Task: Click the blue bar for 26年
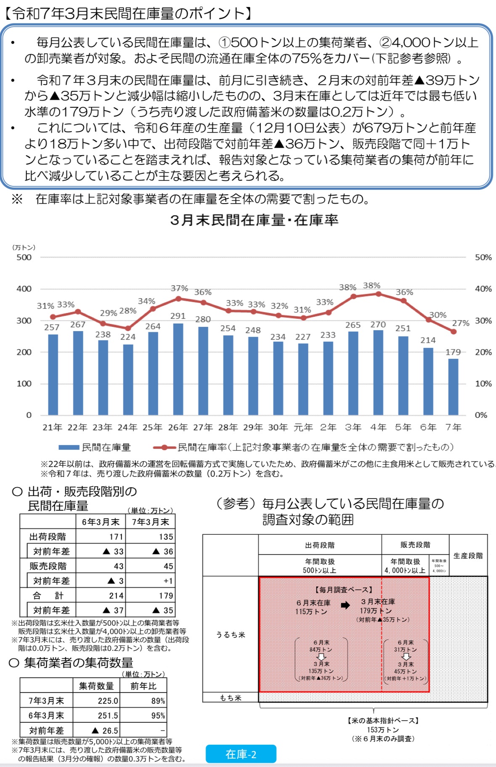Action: click(178, 369)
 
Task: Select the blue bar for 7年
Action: click(453, 387)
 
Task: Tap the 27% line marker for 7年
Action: click(454, 332)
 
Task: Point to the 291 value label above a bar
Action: click(178, 316)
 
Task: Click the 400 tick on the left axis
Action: click(24, 289)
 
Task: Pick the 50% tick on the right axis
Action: click(483, 257)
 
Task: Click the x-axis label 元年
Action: click(303, 427)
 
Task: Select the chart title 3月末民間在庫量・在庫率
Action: click(254, 220)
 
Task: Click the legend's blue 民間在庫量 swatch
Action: click(69, 447)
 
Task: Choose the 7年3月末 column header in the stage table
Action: click(150, 522)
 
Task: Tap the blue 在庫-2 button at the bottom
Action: click(241, 754)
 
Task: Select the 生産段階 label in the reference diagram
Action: click(468, 555)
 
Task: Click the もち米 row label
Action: click(231, 698)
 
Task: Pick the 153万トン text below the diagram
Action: click(383, 730)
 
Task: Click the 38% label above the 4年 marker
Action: click(371, 286)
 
